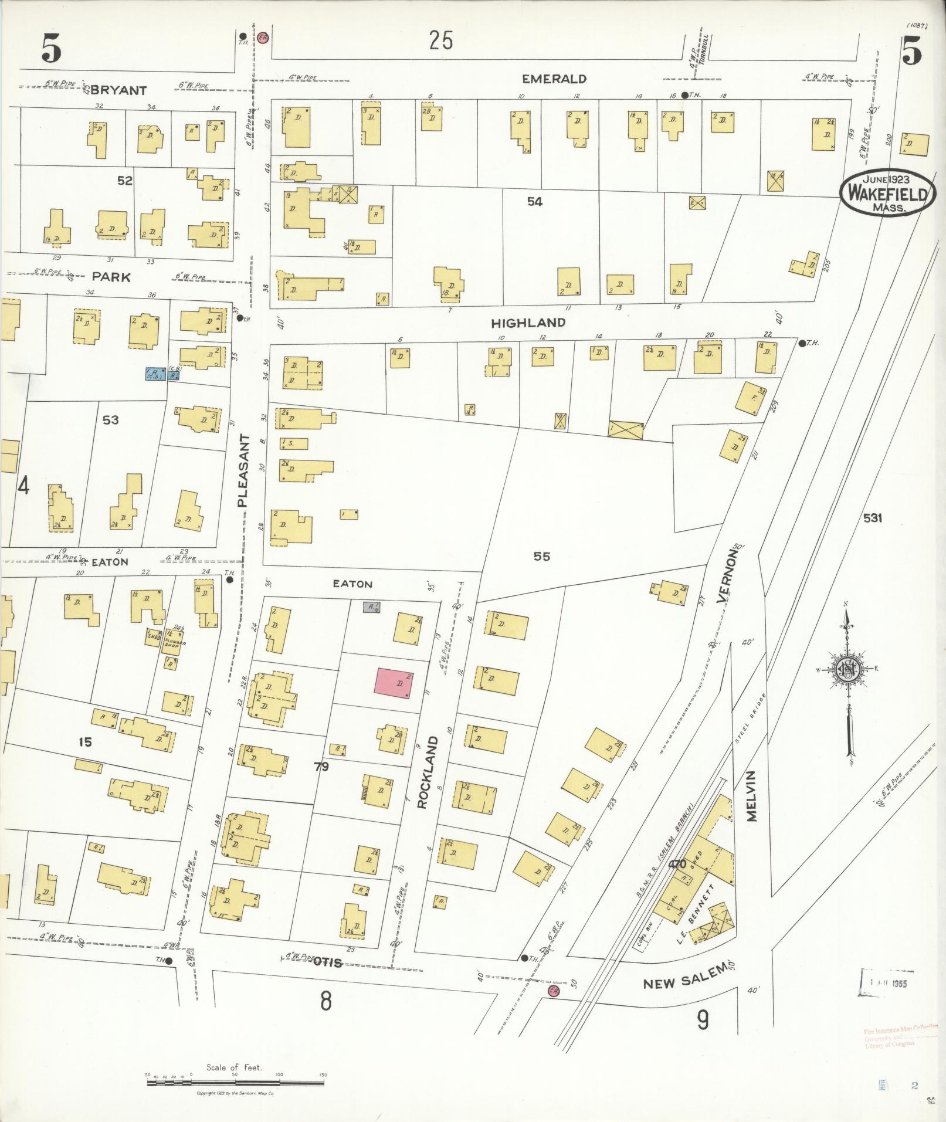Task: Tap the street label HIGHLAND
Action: click(x=528, y=323)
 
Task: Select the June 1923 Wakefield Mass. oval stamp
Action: click(x=887, y=192)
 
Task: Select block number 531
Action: click(x=872, y=518)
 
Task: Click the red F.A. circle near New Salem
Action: click(x=552, y=991)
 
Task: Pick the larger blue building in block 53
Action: click(x=155, y=373)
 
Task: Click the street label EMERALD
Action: click(x=554, y=79)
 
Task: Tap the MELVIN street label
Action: click(x=752, y=796)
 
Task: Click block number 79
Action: click(x=321, y=766)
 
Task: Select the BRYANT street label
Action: click(x=118, y=90)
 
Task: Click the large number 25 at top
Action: click(x=440, y=41)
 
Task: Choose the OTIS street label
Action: click(x=327, y=962)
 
